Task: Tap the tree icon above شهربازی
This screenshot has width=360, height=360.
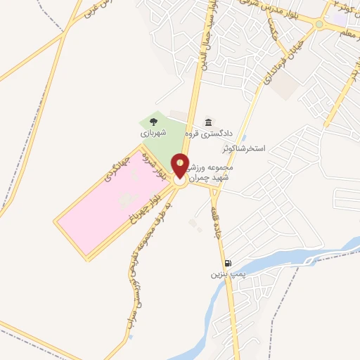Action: tap(153, 122)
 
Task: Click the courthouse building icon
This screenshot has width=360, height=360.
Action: tap(207, 122)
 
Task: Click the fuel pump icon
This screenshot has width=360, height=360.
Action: tap(226, 263)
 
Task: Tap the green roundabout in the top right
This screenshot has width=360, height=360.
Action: tap(319, 25)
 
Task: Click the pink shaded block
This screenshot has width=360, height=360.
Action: tap(105, 204)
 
